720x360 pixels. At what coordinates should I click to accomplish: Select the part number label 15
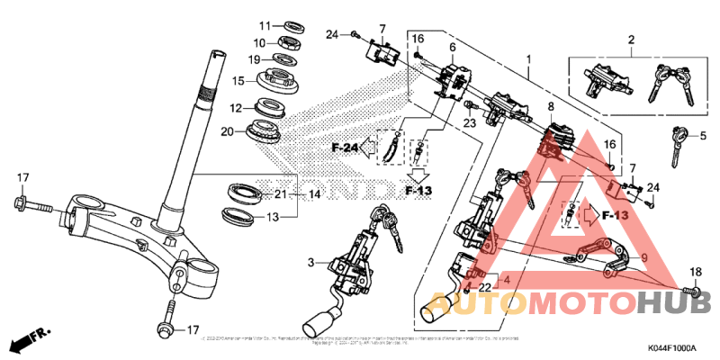pyautogui.click(x=239, y=80)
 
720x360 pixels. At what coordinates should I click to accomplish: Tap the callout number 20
pyautogui.click(x=228, y=132)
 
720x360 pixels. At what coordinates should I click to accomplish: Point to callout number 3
pyautogui.click(x=311, y=263)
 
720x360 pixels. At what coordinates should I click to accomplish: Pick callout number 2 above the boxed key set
pyautogui.click(x=631, y=40)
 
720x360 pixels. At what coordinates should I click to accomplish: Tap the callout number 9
pyautogui.click(x=643, y=257)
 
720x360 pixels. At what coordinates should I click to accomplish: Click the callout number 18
pyautogui.click(x=694, y=272)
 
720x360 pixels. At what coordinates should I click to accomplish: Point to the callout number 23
pyautogui.click(x=469, y=122)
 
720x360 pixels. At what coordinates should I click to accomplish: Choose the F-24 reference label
pyautogui.click(x=344, y=147)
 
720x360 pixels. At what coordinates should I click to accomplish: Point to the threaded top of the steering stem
pyautogui.click(x=217, y=68)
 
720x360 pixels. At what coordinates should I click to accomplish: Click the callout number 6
pyautogui.click(x=453, y=47)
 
